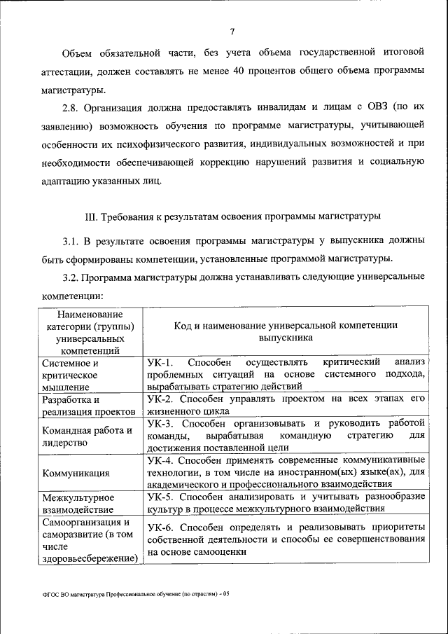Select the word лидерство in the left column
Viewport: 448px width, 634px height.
(64, 443)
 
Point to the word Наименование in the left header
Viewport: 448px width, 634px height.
(91, 313)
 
